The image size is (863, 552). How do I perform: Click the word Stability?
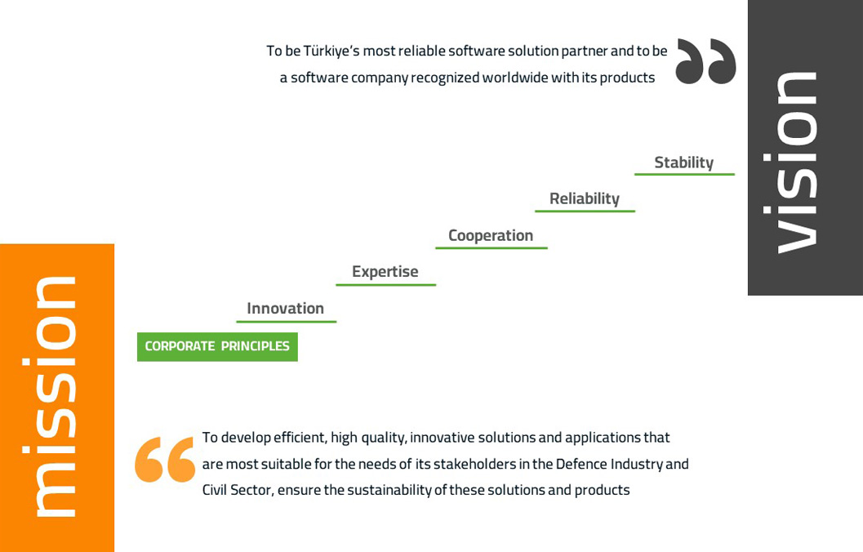(x=683, y=162)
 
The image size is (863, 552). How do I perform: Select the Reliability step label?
(x=585, y=198)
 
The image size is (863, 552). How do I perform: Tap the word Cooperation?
(x=491, y=235)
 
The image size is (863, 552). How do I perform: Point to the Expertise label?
(x=385, y=271)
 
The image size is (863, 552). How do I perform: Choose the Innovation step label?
(x=285, y=308)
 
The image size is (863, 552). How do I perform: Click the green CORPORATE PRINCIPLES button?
(x=217, y=347)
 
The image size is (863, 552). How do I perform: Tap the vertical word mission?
(x=55, y=396)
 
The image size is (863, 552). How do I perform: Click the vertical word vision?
(x=796, y=162)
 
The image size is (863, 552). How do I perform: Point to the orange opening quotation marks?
(x=165, y=460)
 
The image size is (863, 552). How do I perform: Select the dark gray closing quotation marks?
(x=705, y=61)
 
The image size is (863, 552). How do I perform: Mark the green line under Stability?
(x=684, y=174)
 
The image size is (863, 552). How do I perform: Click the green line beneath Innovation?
(x=287, y=322)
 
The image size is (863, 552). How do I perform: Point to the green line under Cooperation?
(x=491, y=247)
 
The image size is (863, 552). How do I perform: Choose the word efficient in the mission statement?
(x=300, y=438)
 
